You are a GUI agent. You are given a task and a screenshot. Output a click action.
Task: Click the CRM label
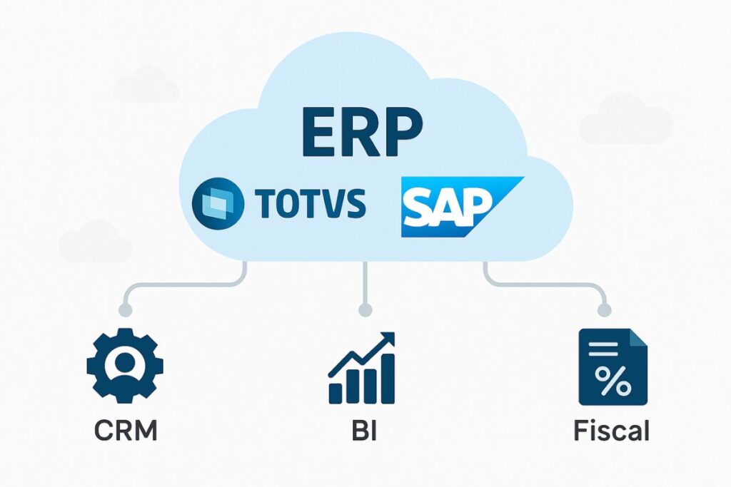(125, 431)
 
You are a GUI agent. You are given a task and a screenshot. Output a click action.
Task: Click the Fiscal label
(612, 431)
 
